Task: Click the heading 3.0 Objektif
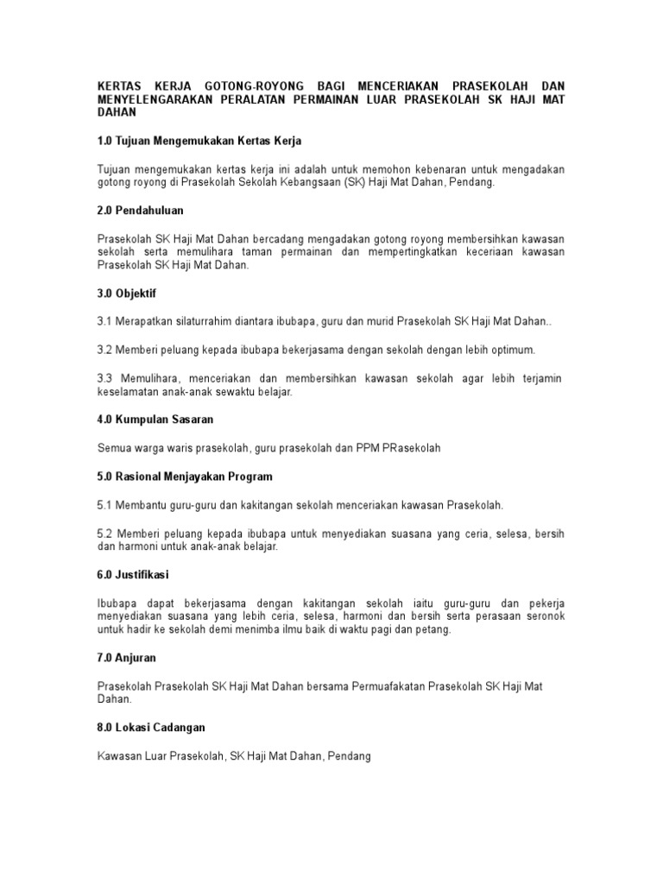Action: (126, 294)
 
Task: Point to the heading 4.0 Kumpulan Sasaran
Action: (155, 419)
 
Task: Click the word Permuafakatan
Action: (390, 685)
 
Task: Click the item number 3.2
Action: (105, 350)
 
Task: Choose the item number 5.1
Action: (105, 503)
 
